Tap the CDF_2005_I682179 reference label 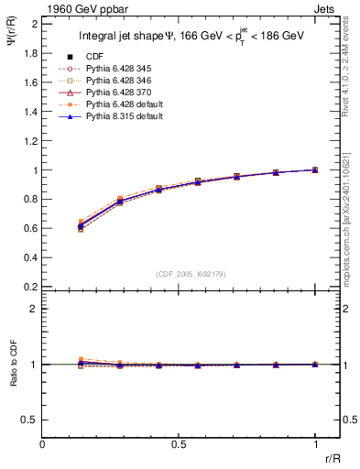191,274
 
